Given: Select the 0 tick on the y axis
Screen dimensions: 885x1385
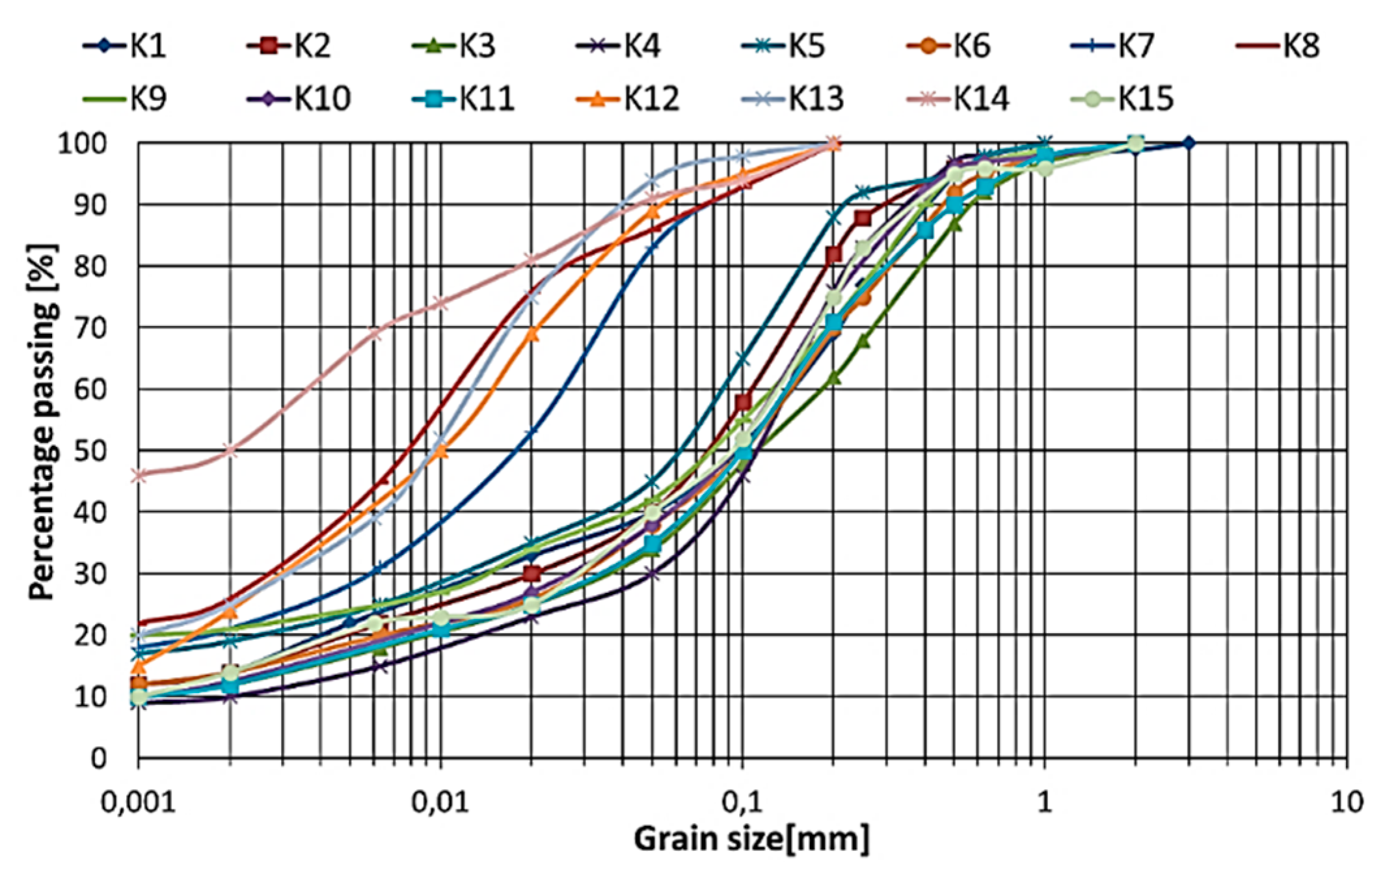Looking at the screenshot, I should click(98, 759).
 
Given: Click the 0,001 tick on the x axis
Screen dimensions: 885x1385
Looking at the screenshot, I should click(138, 802).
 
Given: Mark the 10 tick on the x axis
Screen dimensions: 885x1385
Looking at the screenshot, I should click(1346, 802).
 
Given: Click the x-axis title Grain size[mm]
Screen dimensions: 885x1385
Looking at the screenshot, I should click(751, 839).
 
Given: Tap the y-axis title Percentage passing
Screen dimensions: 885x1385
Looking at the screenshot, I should click(42, 422).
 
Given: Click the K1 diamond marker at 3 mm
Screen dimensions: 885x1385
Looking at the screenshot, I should click(1189, 143).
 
